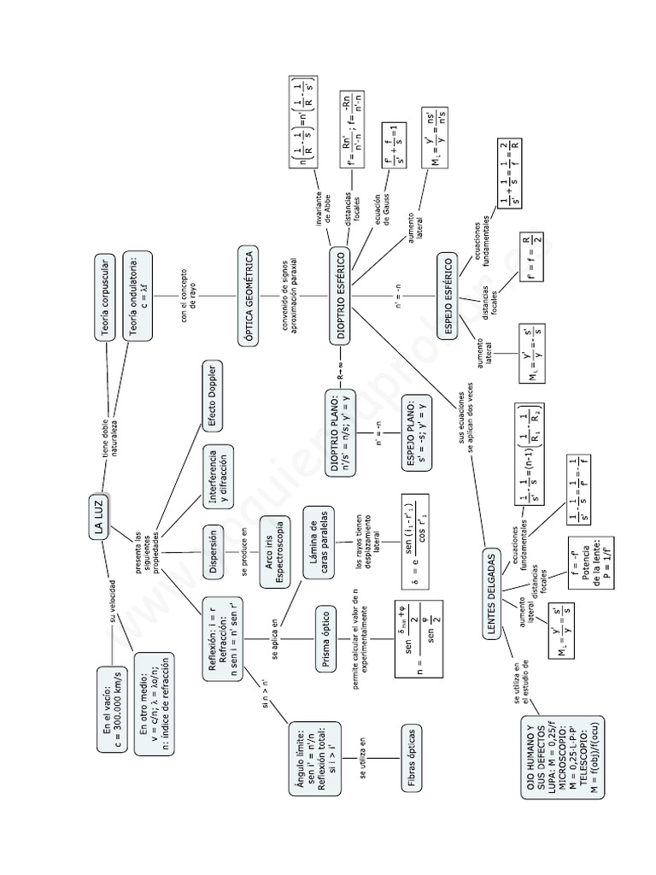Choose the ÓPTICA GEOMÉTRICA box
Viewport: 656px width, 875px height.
point(249,297)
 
